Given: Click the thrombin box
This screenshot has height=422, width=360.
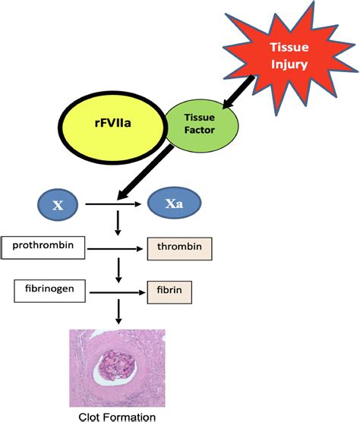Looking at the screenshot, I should [x=179, y=248].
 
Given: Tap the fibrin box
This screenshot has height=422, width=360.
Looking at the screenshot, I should [x=169, y=290].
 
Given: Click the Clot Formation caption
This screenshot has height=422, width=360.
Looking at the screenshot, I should [x=118, y=416].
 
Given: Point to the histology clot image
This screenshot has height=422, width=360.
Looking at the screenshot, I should [x=118, y=368].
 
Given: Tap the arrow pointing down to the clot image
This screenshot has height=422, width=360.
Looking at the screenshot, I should [x=118, y=313].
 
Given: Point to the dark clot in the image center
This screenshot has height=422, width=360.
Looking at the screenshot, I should [x=118, y=361].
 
